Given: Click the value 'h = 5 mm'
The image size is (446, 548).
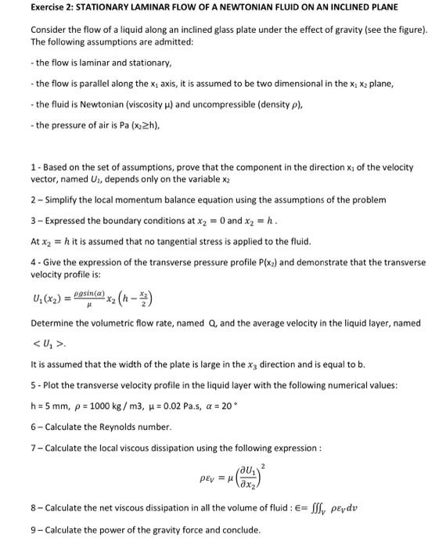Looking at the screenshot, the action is (49, 406).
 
